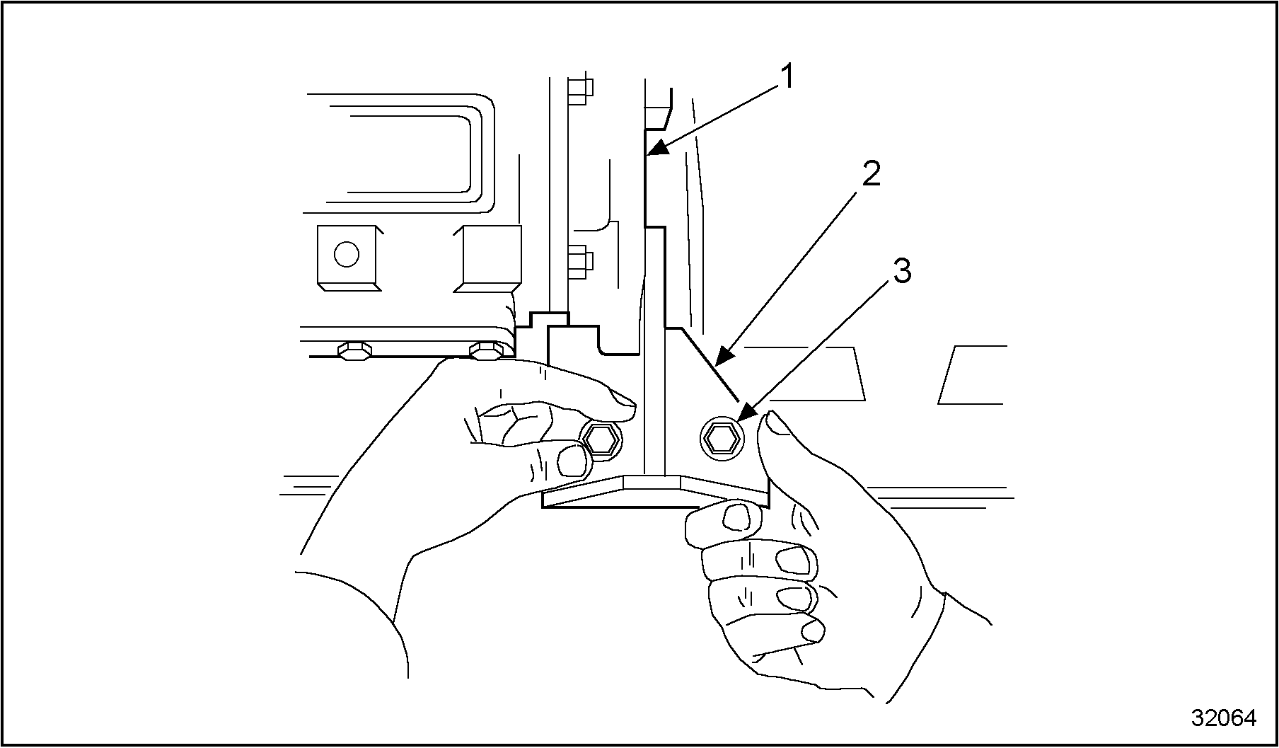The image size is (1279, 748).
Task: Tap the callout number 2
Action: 871,174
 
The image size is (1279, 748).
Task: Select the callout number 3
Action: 902,271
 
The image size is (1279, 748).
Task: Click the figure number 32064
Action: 1223,718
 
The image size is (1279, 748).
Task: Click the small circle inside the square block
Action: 346,254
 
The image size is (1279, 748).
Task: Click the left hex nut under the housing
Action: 353,350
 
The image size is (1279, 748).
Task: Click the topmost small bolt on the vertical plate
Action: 579,89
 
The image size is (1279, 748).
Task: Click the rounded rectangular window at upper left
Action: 407,152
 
